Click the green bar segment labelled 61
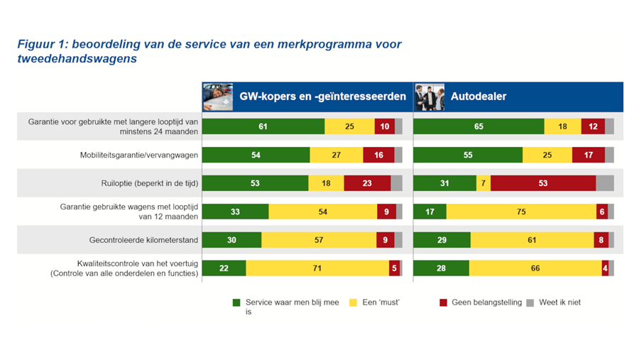click(263, 126)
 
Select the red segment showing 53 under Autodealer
click(543, 183)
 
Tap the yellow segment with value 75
click(522, 212)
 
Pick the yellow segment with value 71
click(317, 268)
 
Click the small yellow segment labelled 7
click(483, 183)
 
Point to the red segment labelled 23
click(367, 183)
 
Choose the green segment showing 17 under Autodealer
click(430, 212)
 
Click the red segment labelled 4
click(605, 268)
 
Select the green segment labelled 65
click(479, 126)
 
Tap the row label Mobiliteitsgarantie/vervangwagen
click(138, 155)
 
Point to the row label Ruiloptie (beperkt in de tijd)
click(149, 183)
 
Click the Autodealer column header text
click(479, 97)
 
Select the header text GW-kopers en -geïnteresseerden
click(322, 97)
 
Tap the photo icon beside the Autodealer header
click(429, 97)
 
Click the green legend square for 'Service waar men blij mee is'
click(237, 302)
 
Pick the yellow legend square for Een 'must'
click(354, 302)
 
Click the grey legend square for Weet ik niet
click(530, 302)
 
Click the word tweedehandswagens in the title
click(77, 59)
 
